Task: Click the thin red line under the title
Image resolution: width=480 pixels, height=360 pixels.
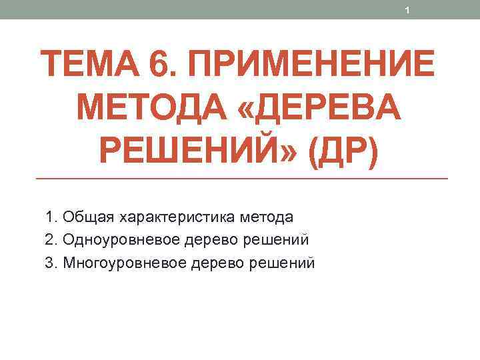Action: [x=240, y=179]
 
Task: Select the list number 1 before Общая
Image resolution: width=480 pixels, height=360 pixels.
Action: [x=51, y=217]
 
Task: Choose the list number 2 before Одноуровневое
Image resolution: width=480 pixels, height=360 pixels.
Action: [x=51, y=240]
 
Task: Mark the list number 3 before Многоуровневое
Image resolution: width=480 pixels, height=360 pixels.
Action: [x=51, y=263]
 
